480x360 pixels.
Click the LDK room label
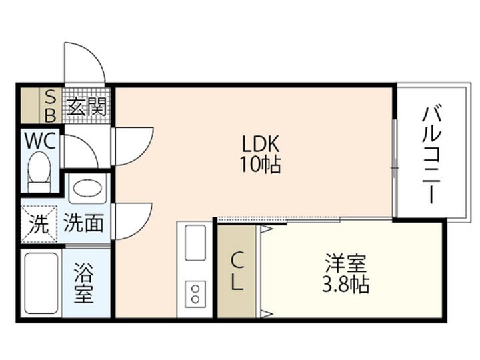[261, 144]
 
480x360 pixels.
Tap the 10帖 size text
[260, 165]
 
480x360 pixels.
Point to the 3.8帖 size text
[345, 285]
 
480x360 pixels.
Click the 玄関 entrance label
[87, 107]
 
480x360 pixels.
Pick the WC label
[40, 141]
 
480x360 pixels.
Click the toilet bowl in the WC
[39, 172]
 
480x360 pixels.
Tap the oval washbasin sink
[88, 189]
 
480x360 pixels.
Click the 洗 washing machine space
[39, 224]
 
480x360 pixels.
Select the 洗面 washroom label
[83, 223]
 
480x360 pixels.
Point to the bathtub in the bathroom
[41, 283]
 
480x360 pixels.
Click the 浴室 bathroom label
[83, 283]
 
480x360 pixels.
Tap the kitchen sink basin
[195, 243]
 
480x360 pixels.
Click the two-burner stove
[195, 293]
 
